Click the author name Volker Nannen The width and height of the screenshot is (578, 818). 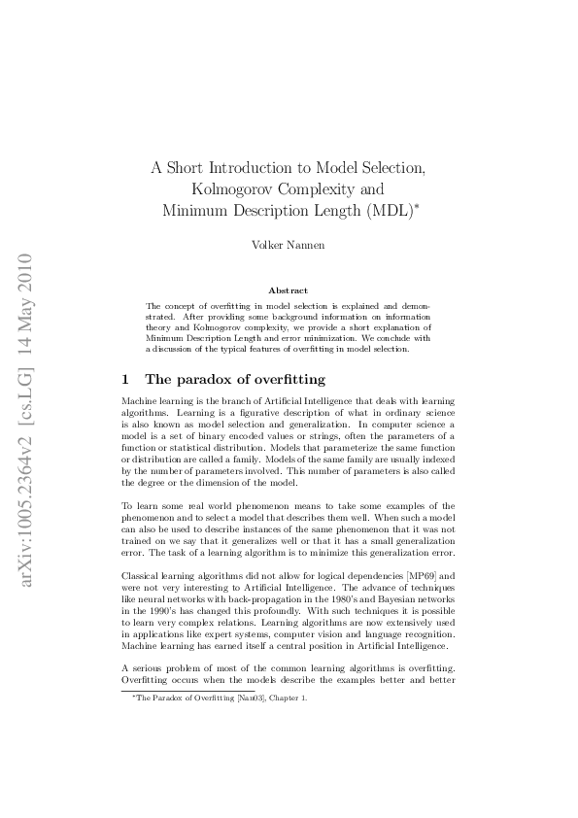click(x=288, y=245)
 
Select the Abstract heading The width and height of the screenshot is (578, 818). click(x=288, y=290)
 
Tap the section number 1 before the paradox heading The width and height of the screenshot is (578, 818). click(x=125, y=379)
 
